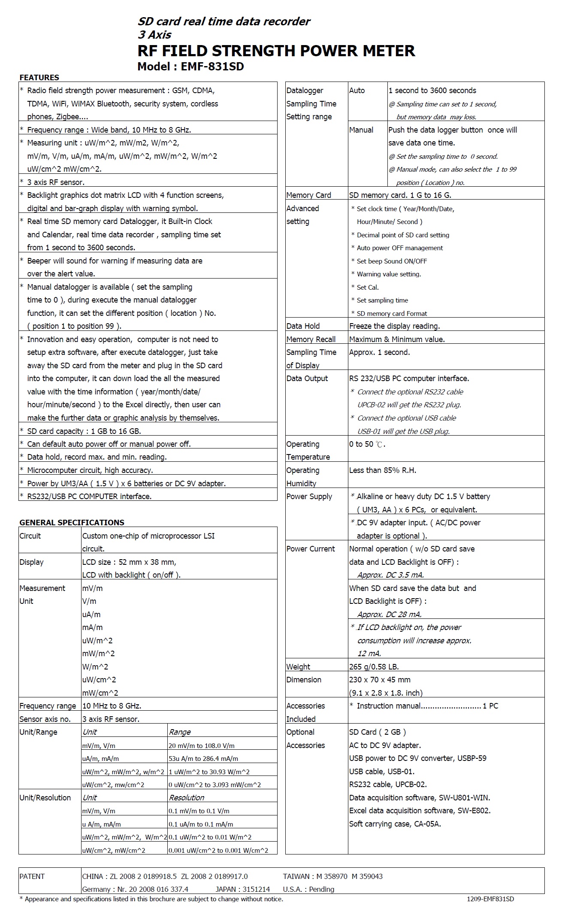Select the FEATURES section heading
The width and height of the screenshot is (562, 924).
click(39, 78)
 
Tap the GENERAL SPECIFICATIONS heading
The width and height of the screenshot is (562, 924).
click(72, 522)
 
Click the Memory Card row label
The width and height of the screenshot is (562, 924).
click(308, 195)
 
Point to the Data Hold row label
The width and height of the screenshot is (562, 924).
click(303, 326)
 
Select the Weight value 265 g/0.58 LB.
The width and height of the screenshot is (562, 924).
click(374, 666)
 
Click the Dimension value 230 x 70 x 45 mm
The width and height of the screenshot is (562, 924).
click(380, 680)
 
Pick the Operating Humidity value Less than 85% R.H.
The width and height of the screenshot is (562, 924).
click(382, 470)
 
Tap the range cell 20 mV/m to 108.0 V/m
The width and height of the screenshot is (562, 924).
click(201, 745)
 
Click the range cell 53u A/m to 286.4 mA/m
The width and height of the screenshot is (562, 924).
click(203, 758)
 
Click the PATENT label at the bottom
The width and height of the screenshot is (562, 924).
click(32, 876)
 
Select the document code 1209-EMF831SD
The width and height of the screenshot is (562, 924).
click(490, 899)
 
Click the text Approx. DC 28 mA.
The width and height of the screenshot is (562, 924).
click(390, 614)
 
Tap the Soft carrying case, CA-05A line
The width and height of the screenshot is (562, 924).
click(395, 824)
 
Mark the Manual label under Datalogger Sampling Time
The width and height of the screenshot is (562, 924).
click(361, 130)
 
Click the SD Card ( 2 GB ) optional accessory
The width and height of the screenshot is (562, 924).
click(377, 732)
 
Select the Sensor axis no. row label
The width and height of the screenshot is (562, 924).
click(45, 719)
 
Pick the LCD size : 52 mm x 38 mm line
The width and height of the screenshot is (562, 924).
click(129, 562)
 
